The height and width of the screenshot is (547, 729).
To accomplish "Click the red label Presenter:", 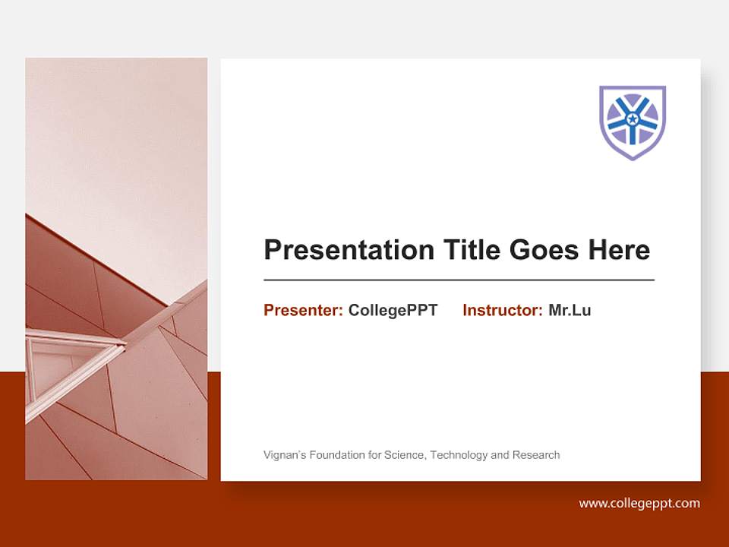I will pos(303,310).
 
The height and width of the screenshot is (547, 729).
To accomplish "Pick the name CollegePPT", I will pos(393,310).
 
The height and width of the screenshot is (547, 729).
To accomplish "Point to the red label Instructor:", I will pos(502,310).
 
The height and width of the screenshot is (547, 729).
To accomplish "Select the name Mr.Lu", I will pos(570,310).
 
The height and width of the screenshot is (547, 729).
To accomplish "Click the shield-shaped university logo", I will pos(633,122).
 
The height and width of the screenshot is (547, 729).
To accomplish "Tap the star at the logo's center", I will pos(633,119).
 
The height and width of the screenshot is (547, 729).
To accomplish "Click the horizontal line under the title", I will pos(459,280).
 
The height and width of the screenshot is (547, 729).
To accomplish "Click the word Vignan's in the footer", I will pos(283,455).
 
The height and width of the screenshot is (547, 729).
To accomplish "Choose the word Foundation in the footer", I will pos(332,455).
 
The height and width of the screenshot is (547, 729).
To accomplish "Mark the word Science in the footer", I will pos(406,455).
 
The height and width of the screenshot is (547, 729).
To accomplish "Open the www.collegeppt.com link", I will pos(639,503).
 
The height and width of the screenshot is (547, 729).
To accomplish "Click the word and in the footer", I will pos(500,455).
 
